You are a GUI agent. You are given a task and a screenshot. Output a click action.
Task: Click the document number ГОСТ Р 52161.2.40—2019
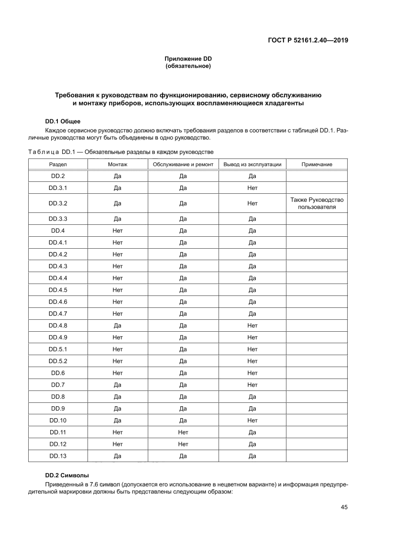pos(307,40)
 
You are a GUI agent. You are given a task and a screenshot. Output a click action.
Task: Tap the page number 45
pos(343,507)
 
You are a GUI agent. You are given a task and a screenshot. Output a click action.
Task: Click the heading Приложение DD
pos(188,59)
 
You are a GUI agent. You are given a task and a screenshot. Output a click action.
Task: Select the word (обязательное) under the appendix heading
pos(188,66)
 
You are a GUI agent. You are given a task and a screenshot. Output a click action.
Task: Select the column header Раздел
pos(58,164)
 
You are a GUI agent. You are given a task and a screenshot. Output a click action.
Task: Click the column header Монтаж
pos(118,164)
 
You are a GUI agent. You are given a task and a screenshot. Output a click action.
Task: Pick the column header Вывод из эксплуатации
pos(252,164)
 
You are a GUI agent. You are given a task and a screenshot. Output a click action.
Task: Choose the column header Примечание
pos(317,164)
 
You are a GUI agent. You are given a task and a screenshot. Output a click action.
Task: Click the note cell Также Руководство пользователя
pos(317,203)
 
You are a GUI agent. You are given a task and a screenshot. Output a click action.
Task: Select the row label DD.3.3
pos(58,219)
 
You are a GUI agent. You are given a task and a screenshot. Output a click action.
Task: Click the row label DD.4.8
pos(58,326)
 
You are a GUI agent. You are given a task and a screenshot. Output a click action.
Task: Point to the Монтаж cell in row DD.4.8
pos(118,326)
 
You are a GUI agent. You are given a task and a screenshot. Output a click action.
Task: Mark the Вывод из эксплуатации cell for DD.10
pos(252,421)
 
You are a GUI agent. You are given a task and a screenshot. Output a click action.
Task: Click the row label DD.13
pos(58,456)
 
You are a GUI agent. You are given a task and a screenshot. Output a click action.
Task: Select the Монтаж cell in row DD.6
pos(118,373)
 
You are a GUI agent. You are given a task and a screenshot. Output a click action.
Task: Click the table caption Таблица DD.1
pos(121,152)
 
